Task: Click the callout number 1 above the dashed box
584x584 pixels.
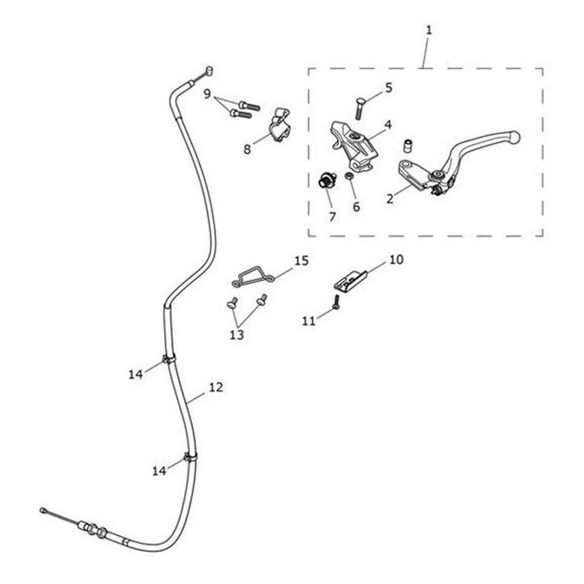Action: (429, 30)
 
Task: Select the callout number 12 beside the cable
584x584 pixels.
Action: (216, 387)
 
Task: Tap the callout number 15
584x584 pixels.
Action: (301, 261)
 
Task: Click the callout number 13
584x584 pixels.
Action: (237, 335)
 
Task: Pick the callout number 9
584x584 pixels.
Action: (207, 94)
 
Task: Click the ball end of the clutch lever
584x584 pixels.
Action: (515, 137)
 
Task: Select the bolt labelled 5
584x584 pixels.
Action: (360, 109)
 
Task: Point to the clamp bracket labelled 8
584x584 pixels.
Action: (279, 125)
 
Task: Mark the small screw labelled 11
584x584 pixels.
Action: (337, 302)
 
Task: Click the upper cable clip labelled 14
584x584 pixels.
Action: (168, 359)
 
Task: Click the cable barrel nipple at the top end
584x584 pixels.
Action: (209, 71)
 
